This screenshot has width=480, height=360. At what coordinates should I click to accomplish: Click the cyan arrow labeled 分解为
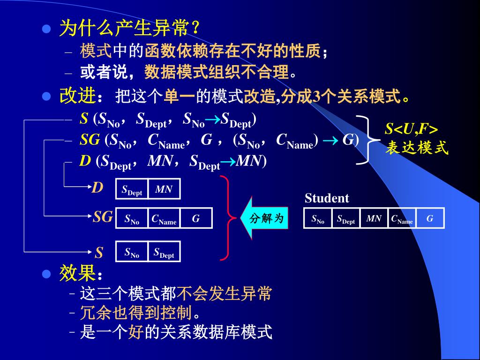point(264,218)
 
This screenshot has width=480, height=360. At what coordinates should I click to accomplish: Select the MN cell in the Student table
point(374,218)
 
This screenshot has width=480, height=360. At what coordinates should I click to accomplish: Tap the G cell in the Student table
point(430,218)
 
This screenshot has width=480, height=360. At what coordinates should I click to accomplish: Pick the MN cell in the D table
point(164,189)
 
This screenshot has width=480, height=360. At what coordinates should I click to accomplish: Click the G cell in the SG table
point(196,218)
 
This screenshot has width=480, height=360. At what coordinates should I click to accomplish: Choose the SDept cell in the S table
point(164,252)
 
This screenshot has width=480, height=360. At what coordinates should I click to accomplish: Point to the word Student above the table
point(327,198)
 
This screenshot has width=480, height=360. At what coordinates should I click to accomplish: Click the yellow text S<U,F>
point(411,129)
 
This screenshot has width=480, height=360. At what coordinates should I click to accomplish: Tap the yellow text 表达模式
point(417,148)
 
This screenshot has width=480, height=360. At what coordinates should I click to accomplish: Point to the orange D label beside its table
point(97,188)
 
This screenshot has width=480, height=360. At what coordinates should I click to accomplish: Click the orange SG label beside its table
point(103,217)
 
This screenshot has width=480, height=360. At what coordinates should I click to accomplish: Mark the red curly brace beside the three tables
point(227,217)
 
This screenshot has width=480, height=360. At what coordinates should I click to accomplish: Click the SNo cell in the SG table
point(132,218)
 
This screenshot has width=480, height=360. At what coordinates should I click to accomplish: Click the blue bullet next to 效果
point(46,274)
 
